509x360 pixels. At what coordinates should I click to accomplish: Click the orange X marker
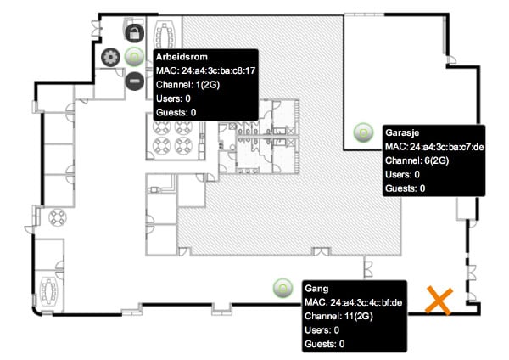click(439, 301)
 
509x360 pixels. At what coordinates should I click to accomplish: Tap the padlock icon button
click(135, 33)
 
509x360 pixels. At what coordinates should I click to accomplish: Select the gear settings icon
click(110, 57)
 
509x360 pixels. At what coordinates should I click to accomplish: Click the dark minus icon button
click(135, 81)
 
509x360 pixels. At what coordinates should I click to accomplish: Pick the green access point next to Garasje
click(363, 132)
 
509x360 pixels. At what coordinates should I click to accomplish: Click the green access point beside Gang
click(282, 288)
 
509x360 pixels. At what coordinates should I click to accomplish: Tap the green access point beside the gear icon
click(134, 57)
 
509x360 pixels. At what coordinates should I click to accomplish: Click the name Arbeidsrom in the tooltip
click(182, 57)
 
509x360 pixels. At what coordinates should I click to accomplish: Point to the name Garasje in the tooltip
click(402, 133)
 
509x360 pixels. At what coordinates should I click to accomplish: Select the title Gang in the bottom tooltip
click(316, 289)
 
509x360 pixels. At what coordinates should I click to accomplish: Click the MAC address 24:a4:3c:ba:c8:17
click(218, 70)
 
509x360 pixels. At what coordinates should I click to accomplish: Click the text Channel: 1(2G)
click(187, 85)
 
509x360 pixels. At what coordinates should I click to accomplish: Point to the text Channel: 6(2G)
click(417, 160)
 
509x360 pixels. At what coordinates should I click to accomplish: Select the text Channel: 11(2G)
click(338, 316)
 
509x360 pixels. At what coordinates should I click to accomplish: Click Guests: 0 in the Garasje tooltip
click(405, 188)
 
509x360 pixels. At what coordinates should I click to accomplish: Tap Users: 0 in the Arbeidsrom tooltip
click(173, 98)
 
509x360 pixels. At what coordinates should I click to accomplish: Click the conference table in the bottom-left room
click(49, 292)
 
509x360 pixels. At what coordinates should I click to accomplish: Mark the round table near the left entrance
click(58, 217)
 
